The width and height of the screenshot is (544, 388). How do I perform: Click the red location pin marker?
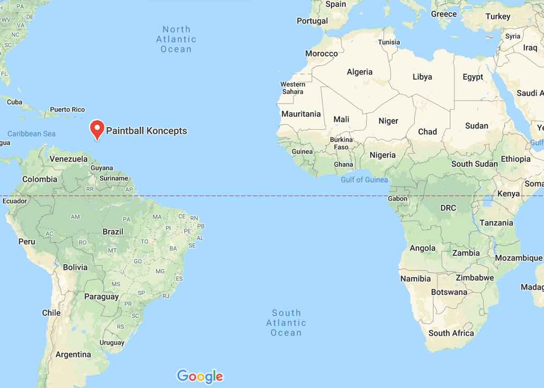click(x=97, y=129)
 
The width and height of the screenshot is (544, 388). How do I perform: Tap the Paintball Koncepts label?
click(x=146, y=131)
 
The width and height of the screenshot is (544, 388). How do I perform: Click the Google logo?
click(x=200, y=376)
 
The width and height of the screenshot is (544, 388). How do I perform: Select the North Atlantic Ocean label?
click(x=176, y=39)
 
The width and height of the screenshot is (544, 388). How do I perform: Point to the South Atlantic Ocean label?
click(x=286, y=323)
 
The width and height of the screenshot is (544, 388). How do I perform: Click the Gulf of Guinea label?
click(x=364, y=180)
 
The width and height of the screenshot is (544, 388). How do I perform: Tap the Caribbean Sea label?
click(x=31, y=134)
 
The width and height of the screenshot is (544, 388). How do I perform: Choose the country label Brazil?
click(x=113, y=231)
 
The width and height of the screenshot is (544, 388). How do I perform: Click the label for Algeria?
click(x=359, y=72)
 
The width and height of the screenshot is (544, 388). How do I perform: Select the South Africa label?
click(x=451, y=333)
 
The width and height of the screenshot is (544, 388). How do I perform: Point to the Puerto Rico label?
click(x=67, y=109)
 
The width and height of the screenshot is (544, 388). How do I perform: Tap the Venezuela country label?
click(x=68, y=159)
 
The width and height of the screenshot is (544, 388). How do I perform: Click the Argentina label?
click(x=73, y=354)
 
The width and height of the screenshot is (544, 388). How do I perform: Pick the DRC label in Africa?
click(x=448, y=208)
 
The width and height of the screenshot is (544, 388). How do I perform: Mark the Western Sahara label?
click(x=292, y=88)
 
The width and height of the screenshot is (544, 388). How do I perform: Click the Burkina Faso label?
click(x=341, y=143)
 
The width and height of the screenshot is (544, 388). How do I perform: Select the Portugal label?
click(x=312, y=21)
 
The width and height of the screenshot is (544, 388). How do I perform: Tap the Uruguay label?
click(x=112, y=343)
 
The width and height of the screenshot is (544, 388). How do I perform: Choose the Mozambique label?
click(x=518, y=258)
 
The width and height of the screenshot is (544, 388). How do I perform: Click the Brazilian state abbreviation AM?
click(x=75, y=217)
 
